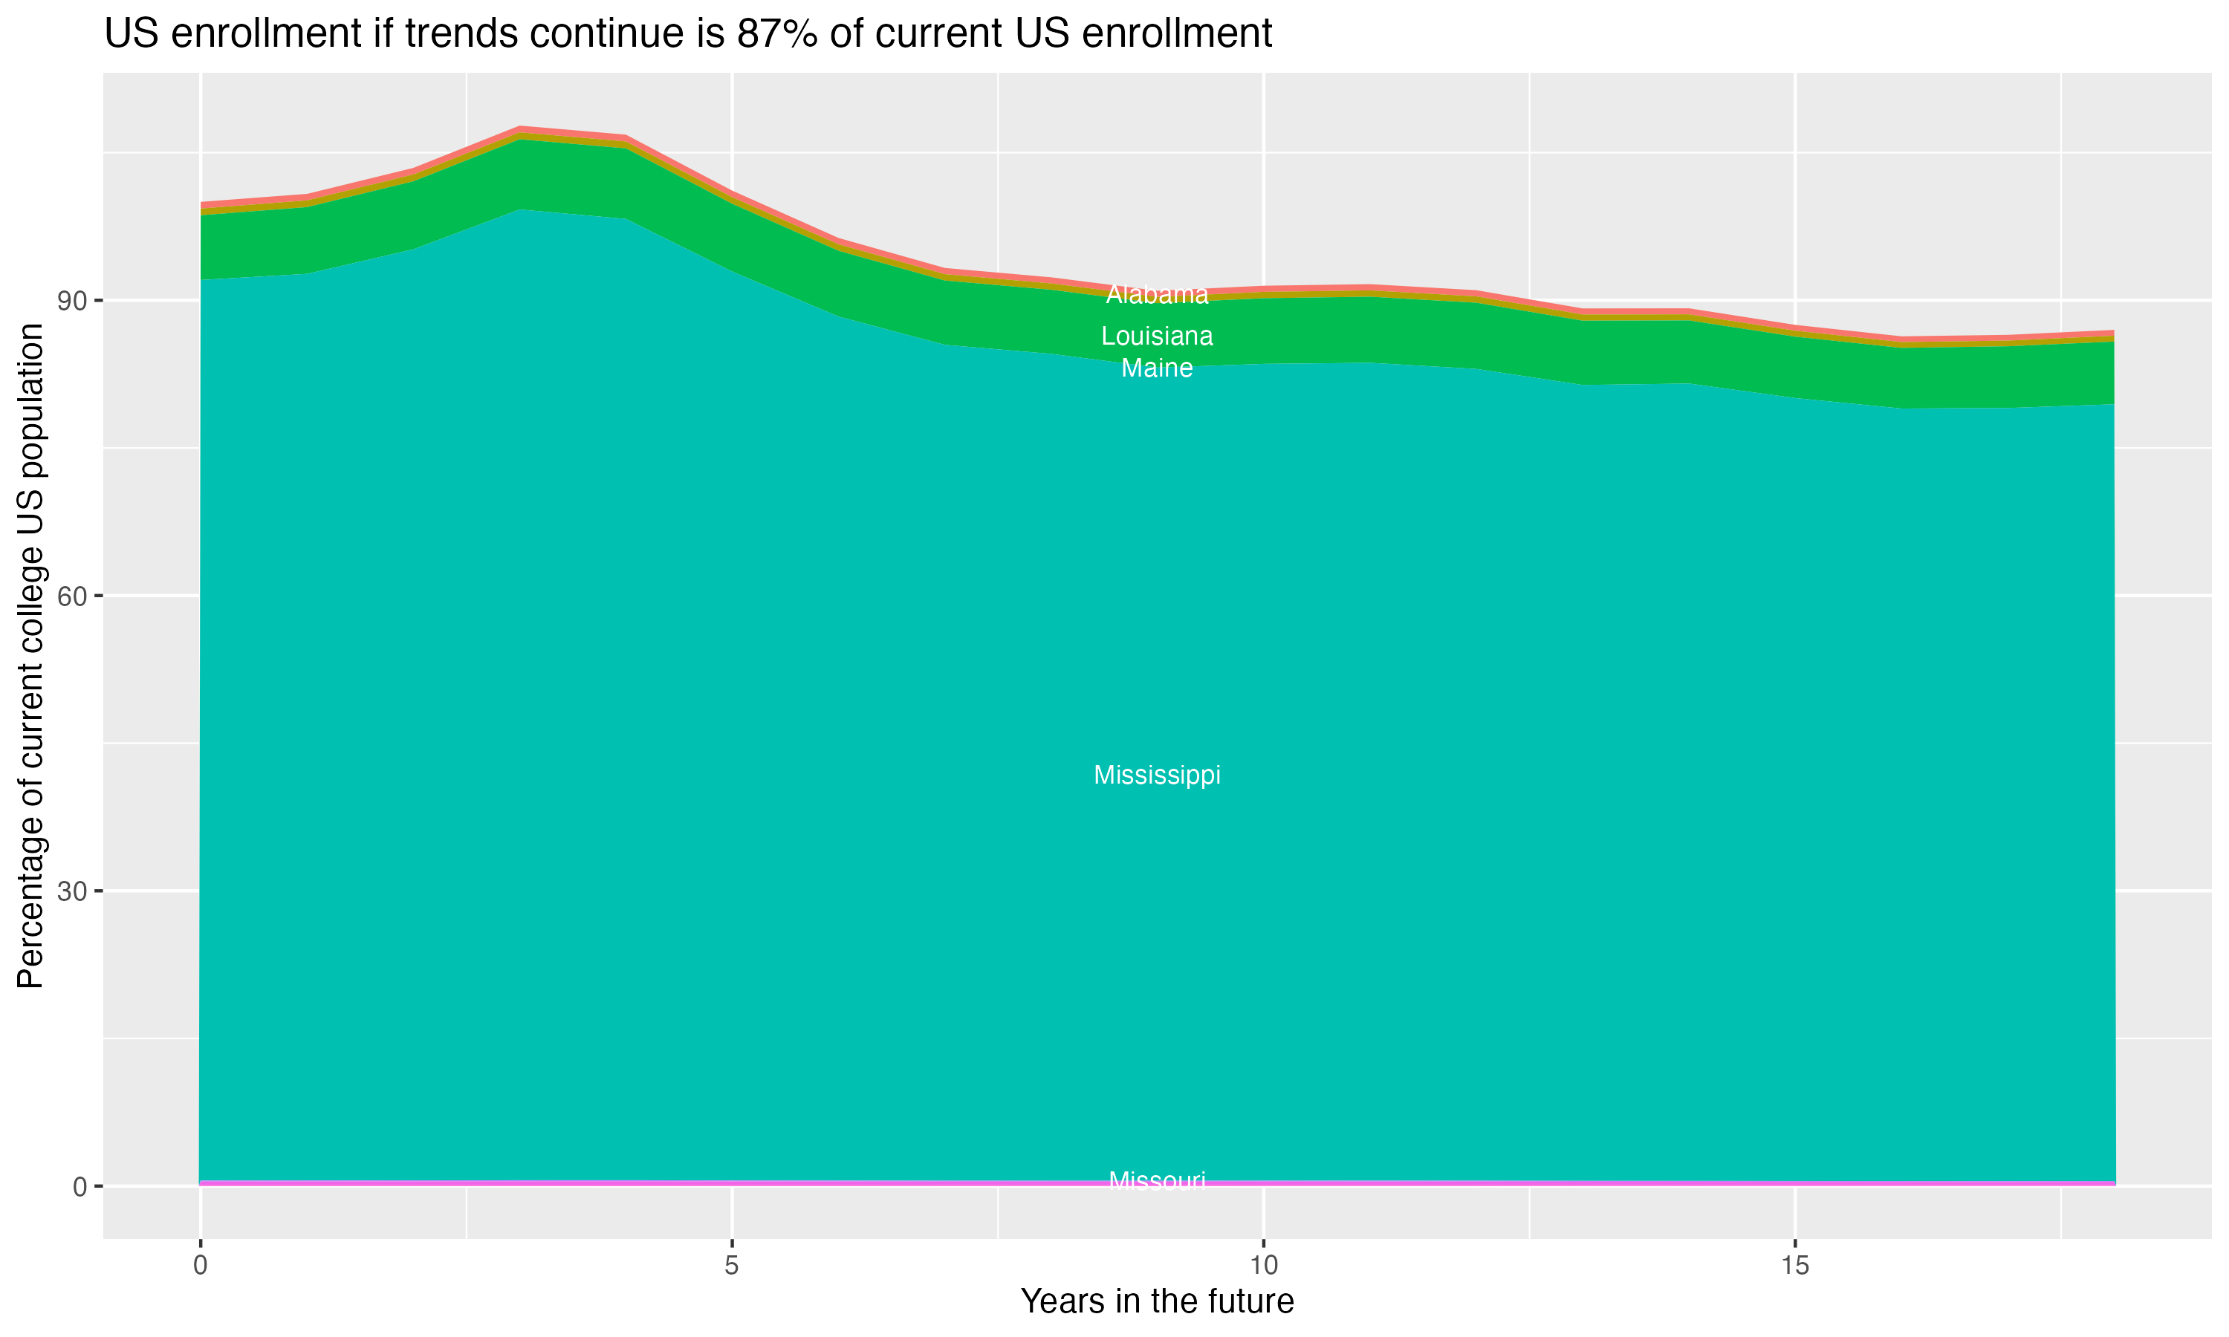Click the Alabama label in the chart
tap(1157, 295)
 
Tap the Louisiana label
tap(1157, 336)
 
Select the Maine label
tap(1157, 368)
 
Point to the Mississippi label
tap(1157, 775)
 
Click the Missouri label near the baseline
tap(1157, 1180)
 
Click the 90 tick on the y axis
tap(73, 300)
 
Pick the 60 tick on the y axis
tap(73, 596)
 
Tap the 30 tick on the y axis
tap(73, 891)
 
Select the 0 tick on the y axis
tap(80, 1186)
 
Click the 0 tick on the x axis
tap(200, 1266)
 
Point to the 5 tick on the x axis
tap(732, 1266)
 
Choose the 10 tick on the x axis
tap(1264, 1266)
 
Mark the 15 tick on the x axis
tap(1796, 1266)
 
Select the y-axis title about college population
tap(30, 655)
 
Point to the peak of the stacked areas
tap(521, 129)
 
